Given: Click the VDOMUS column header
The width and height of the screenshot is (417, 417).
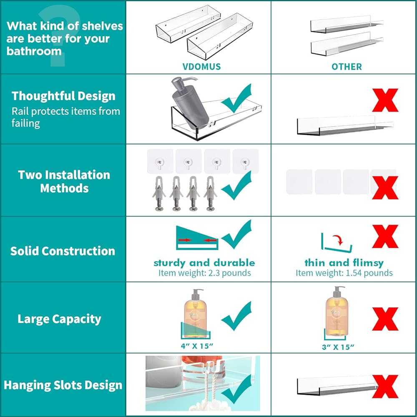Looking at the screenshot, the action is click(x=201, y=66).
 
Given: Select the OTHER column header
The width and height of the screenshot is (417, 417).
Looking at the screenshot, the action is click(x=347, y=66).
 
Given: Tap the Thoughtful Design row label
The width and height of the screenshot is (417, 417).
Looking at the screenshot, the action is click(x=63, y=96).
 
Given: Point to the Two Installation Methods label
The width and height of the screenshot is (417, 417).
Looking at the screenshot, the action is click(x=64, y=181).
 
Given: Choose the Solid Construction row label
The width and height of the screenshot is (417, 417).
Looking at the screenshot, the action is click(x=63, y=251).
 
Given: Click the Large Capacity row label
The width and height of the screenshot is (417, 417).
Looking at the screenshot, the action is click(x=59, y=319).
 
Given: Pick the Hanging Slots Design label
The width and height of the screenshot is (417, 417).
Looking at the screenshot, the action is click(x=63, y=385).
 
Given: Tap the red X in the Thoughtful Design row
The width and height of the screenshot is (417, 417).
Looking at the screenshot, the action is click(x=385, y=100).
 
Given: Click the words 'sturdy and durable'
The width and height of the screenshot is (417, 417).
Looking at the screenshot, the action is click(x=204, y=263).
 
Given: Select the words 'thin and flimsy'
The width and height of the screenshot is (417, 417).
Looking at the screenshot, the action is click(x=344, y=263).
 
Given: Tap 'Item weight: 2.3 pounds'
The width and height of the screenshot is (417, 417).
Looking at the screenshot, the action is click(x=204, y=273).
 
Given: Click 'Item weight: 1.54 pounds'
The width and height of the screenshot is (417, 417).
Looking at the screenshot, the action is click(x=344, y=273).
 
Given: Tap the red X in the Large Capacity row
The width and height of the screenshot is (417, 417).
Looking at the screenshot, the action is click(x=385, y=319).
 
